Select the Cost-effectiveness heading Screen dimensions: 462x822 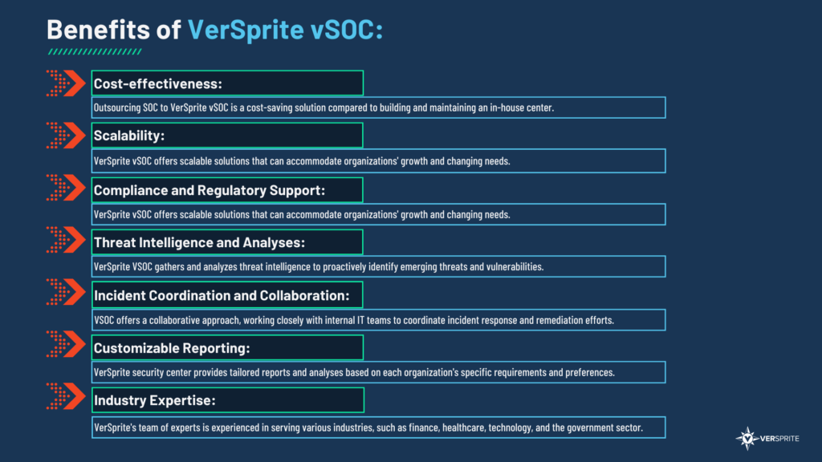[x=158, y=83]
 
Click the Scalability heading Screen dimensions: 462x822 [x=129, y=136]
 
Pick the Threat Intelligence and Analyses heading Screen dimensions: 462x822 [x=199, y=242]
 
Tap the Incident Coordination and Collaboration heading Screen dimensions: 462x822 [x=222, y=295]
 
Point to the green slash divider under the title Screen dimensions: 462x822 [x=95, y=52]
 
